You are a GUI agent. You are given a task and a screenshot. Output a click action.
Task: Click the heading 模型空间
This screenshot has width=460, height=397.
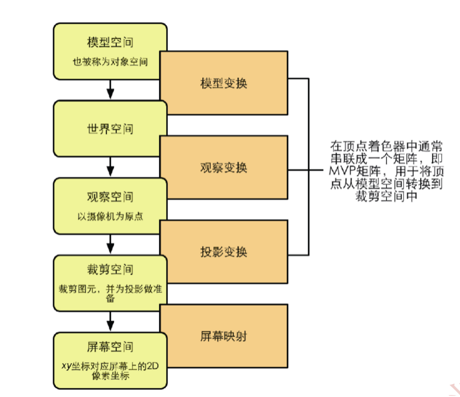coord(110,43)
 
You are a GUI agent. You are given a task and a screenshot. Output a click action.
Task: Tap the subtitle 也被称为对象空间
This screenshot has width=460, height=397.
coord(110,62)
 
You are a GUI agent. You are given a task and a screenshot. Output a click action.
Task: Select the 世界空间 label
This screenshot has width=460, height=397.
coord(110,129)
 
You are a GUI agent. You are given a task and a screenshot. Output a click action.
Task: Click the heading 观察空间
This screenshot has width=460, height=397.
coord(110,197)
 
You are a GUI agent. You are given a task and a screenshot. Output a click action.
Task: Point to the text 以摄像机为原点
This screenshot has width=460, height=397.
coord(110,216)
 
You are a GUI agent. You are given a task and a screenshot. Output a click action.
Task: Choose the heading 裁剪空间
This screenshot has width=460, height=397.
coord(110,270)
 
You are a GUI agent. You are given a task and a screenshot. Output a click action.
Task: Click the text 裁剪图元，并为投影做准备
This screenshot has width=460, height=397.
coord(110,293)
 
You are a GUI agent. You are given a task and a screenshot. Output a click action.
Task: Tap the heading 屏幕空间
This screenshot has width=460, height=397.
coord(110,347)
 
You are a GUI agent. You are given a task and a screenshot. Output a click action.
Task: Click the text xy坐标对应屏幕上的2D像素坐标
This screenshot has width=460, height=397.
coord(110,370)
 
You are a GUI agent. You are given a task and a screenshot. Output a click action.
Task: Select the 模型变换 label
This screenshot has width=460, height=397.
coord(223,83)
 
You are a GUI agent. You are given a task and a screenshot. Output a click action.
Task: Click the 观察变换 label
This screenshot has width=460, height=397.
coord(223,167)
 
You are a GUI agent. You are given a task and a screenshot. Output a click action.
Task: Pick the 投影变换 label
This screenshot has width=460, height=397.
coord(223,252)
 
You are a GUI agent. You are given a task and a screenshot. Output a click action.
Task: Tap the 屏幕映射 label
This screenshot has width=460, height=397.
coord(223,336)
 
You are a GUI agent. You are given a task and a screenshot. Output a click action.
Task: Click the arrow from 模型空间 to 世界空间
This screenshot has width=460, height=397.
coord(110,89)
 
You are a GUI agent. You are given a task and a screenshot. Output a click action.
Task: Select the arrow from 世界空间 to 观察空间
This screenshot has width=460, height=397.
coord(110,166)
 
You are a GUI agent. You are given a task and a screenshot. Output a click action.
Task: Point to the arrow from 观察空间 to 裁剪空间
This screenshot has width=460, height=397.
coord(110,243)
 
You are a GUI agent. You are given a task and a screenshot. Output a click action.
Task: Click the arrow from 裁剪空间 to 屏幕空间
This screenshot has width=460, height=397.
coord(110,320)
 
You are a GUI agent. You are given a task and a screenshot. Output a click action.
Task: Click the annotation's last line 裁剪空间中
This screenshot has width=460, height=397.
coord(387,196)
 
